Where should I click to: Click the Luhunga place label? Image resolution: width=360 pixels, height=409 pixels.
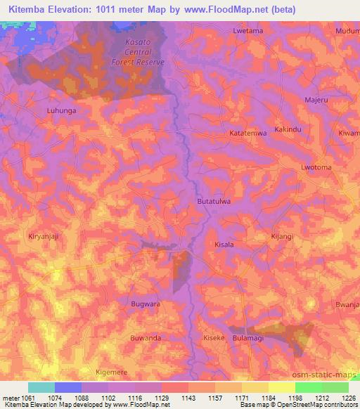pos(61,111)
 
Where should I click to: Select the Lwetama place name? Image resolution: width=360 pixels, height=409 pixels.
pos(247,32)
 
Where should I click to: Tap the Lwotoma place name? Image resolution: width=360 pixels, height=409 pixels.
pos(316,168)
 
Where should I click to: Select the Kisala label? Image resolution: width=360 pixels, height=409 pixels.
pos(223,245)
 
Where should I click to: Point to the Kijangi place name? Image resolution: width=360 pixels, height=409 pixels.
pos(281,237)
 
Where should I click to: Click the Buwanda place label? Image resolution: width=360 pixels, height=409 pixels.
pos(146,338)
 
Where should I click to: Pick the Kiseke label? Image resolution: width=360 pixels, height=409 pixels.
pos(214,338)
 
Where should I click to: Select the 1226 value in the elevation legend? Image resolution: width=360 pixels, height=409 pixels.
pos(349,398)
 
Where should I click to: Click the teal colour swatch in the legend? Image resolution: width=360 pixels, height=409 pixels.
pos(41,387)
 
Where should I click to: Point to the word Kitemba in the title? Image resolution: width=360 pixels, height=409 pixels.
pos(26,10)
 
